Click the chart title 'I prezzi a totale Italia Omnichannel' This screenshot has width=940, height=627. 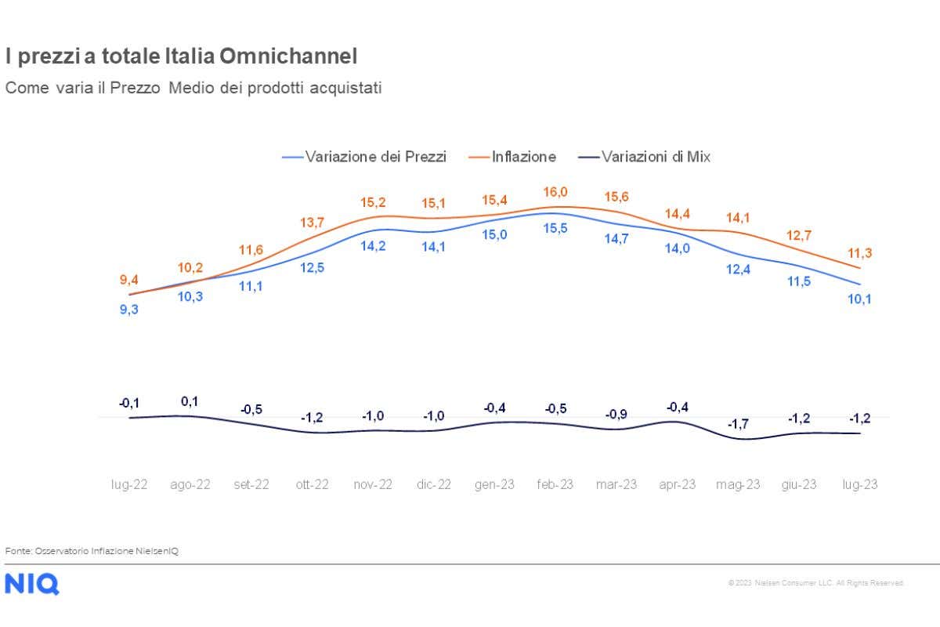pos(181,56)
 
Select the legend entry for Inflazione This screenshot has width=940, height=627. pos(523,157)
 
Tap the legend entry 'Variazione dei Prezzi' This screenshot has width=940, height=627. pos(375,157)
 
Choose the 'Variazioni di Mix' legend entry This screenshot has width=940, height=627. pos(655,157)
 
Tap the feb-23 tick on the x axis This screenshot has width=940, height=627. pos(555,484)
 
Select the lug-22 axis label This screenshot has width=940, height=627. pos(129,484)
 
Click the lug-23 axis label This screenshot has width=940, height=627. pos(859,484)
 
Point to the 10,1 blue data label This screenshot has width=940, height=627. pos(859,299)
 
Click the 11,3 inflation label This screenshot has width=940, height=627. pos(859,252)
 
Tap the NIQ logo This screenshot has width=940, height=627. pos(31,584)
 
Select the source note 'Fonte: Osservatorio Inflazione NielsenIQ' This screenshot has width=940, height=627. pos(92,551)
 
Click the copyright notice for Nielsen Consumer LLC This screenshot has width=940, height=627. pos(816,583)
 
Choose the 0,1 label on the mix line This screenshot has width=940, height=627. pos(190,401)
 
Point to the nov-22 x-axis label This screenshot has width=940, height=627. pos(373,484)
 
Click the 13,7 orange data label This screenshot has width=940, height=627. pos(312,223)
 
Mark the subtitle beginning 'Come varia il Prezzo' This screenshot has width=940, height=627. pos(193,88)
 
